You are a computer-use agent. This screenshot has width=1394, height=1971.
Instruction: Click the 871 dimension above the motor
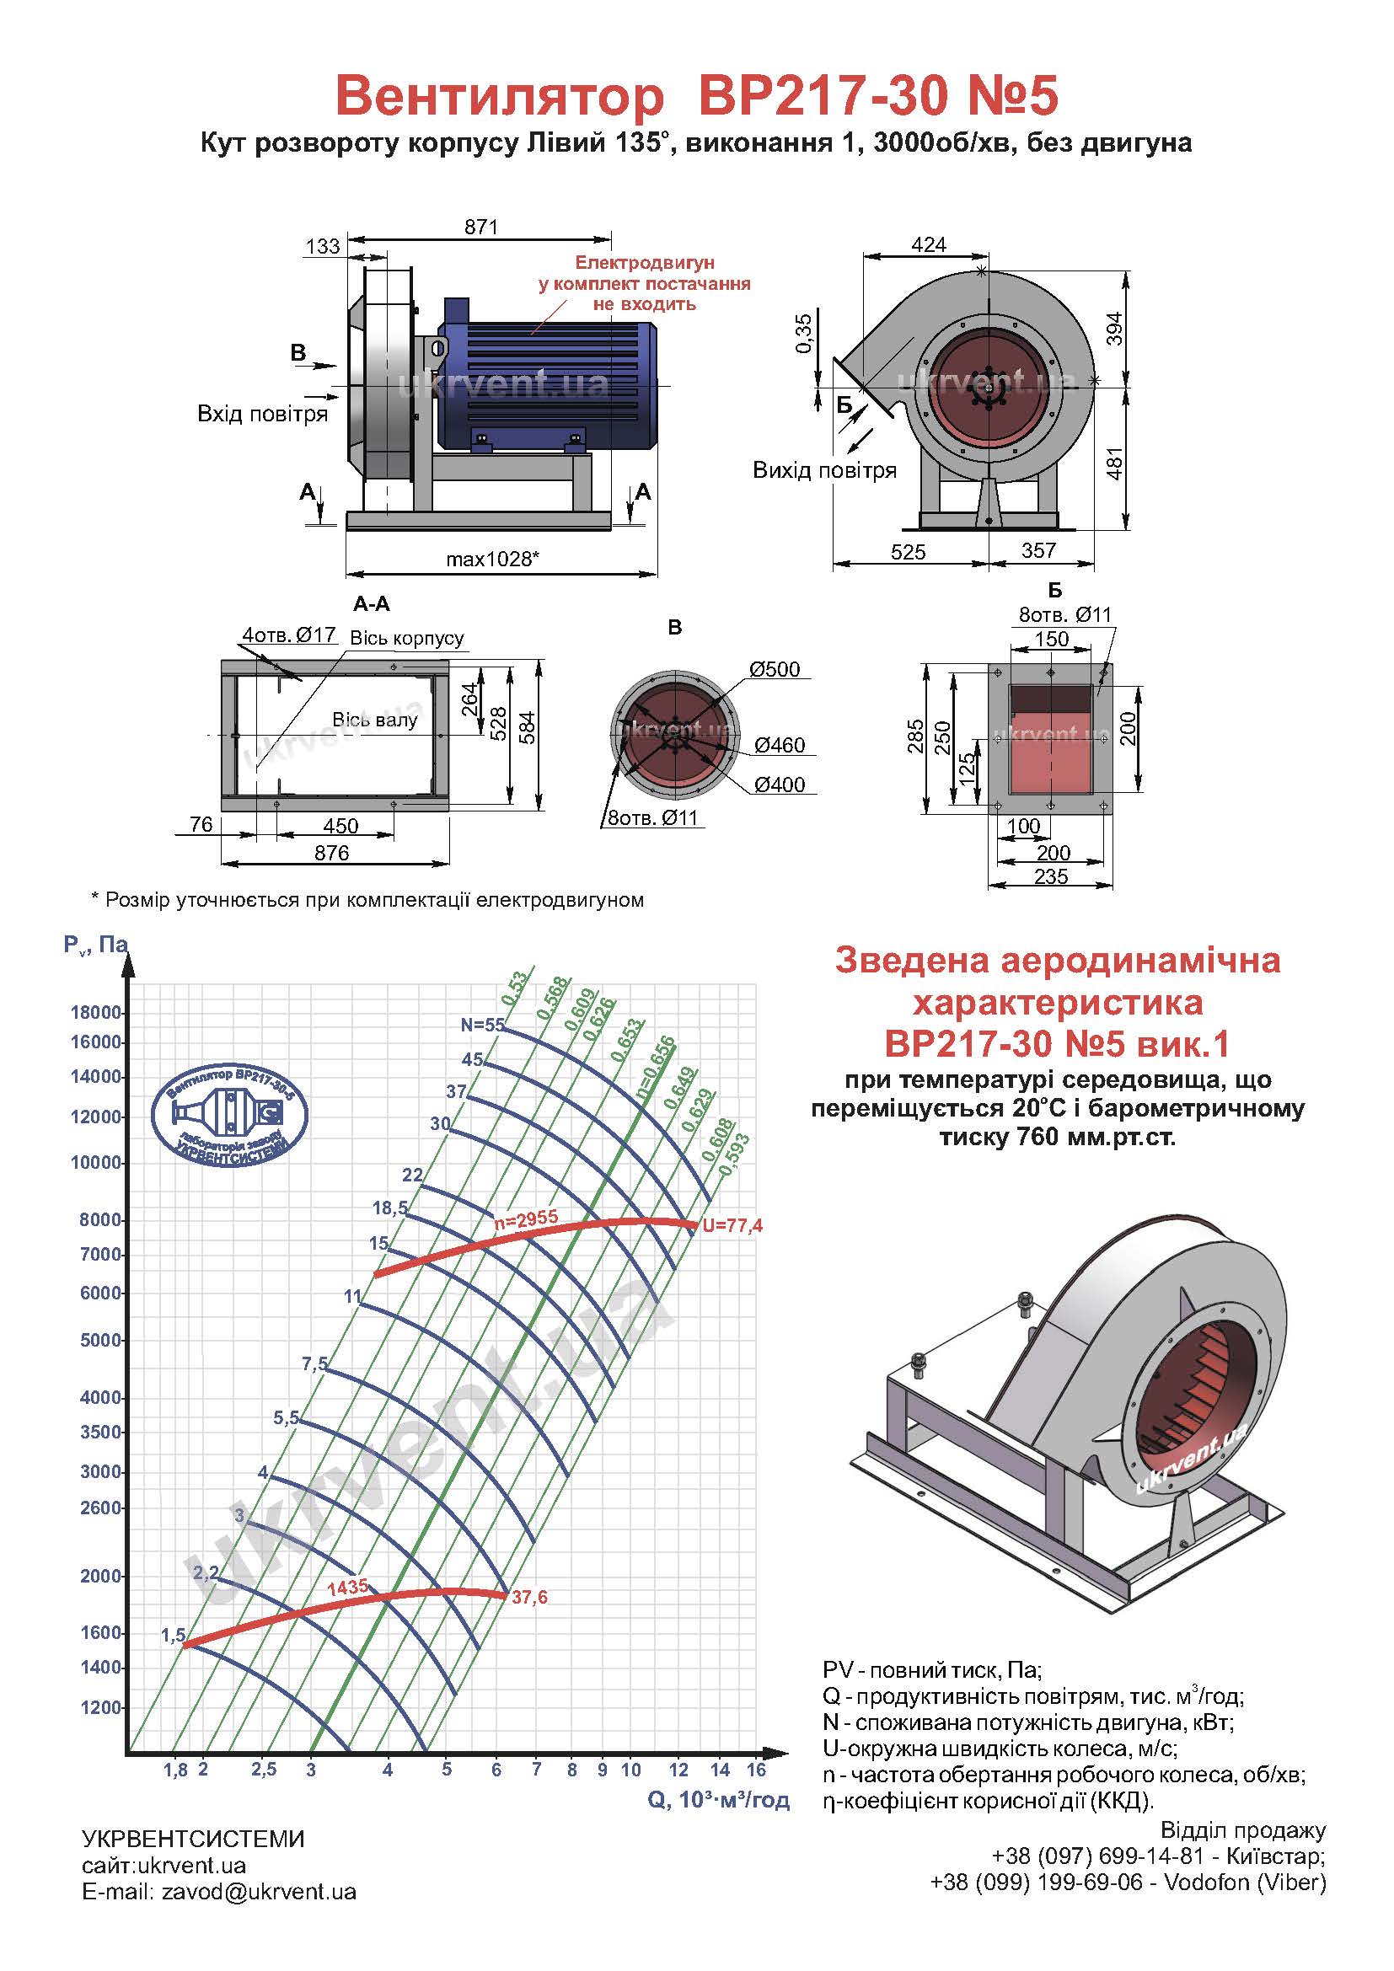tap(480, 227)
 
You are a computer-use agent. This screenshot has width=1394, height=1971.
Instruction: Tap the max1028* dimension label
tap(493, 560)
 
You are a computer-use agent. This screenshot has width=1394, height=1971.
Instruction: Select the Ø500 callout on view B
tap(775, 670)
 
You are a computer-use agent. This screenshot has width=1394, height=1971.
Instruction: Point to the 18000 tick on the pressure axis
tap(96, 1013)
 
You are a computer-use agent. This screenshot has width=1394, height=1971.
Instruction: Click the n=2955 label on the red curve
tap(526, 1218)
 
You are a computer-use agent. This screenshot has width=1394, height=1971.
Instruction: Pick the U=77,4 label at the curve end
tap(732, 1226)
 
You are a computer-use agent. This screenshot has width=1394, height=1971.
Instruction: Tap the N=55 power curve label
tap(483, 1025)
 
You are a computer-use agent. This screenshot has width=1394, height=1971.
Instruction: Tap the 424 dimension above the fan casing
tap(929, 244)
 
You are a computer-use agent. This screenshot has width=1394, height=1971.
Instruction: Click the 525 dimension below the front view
tap(909, 552)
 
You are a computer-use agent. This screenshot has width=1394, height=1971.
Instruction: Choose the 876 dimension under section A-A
tap(332, 853)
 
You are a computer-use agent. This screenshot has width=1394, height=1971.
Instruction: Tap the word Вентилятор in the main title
tap(501, 95)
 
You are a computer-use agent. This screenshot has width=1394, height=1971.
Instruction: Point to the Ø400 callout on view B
tap(780, 785)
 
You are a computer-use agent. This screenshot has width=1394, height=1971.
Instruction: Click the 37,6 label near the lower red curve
tap(529, 1598)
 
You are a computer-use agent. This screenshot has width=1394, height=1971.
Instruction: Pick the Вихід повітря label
tap(825, 470)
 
